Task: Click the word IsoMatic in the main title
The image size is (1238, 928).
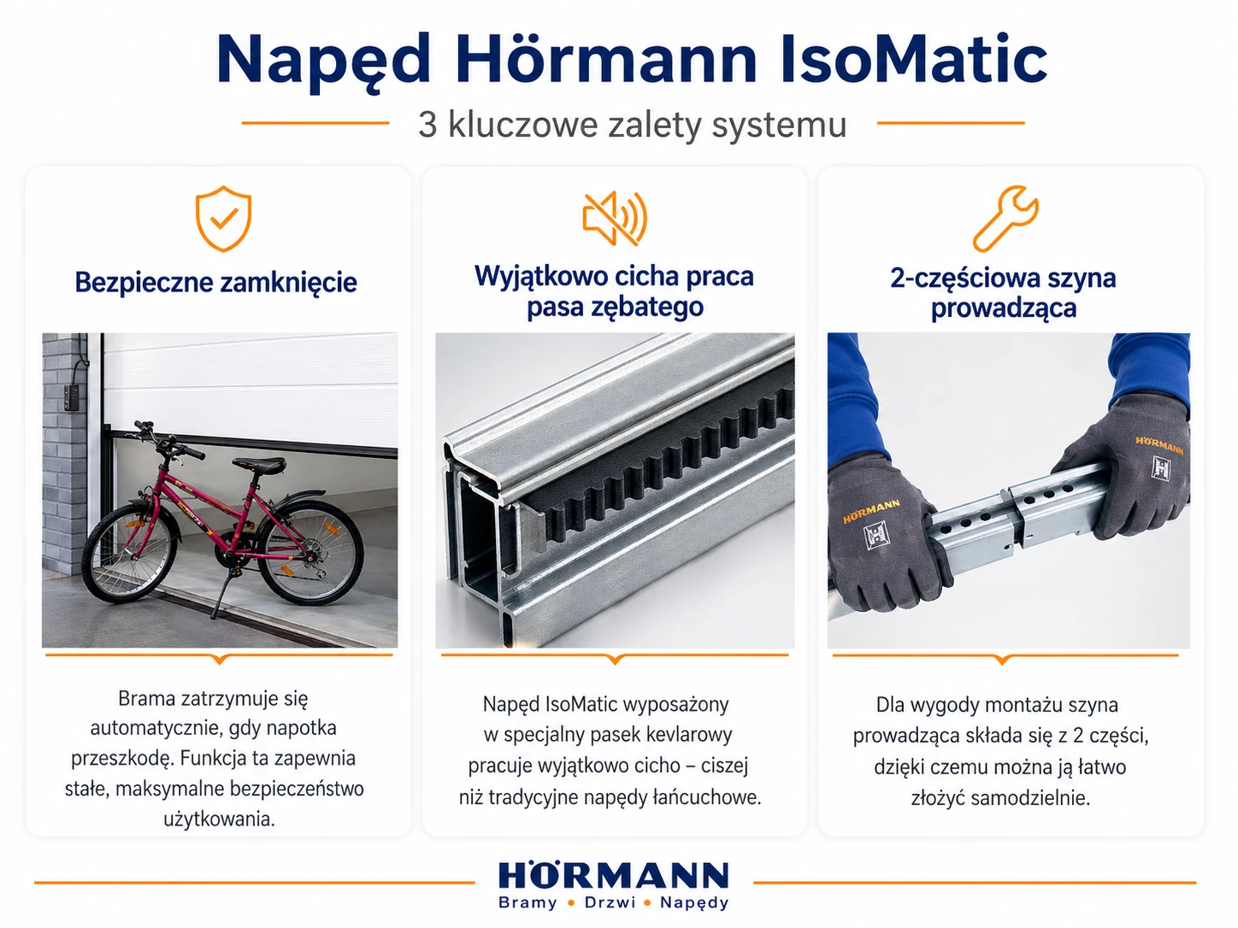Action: pyautogui.click(x=914, y=59)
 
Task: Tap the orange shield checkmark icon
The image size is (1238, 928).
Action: pyautogui.click(x=223, y=218)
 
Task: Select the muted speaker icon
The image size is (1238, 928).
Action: pyautogui.click(x=615, y=219)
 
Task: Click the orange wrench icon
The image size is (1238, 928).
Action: pyautogui.click(x=1005, y=218)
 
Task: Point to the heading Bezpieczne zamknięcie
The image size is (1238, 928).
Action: pyautogui.click(x=216, y=282)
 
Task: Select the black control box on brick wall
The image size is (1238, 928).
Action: pyautogui.click(x=72, y=398)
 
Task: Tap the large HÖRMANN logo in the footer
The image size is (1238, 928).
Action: pyautogui.click(x=613, y=876)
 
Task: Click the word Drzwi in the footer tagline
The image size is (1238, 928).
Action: pyautogui.click(x=610, y=902)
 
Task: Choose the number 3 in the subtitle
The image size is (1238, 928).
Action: pyautogui.click(x=427, y=124)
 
